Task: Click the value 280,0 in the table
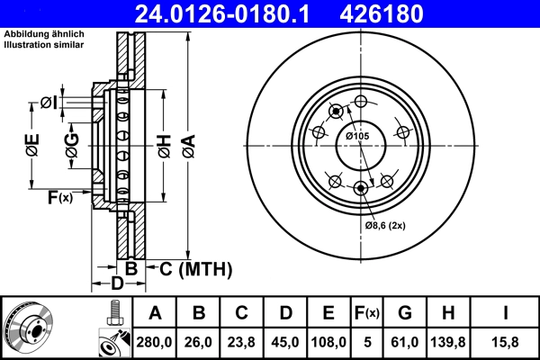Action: point(156,342)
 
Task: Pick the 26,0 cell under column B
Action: point(199,342)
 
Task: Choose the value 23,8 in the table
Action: point(242,342)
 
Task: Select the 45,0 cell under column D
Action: point(285,342)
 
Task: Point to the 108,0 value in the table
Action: point(328,342)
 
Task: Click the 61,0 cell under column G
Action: point(405,342)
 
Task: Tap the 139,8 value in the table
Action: point(448,342)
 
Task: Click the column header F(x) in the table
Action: point(367,313)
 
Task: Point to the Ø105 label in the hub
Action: point(358,136)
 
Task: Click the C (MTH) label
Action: point(196,268)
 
